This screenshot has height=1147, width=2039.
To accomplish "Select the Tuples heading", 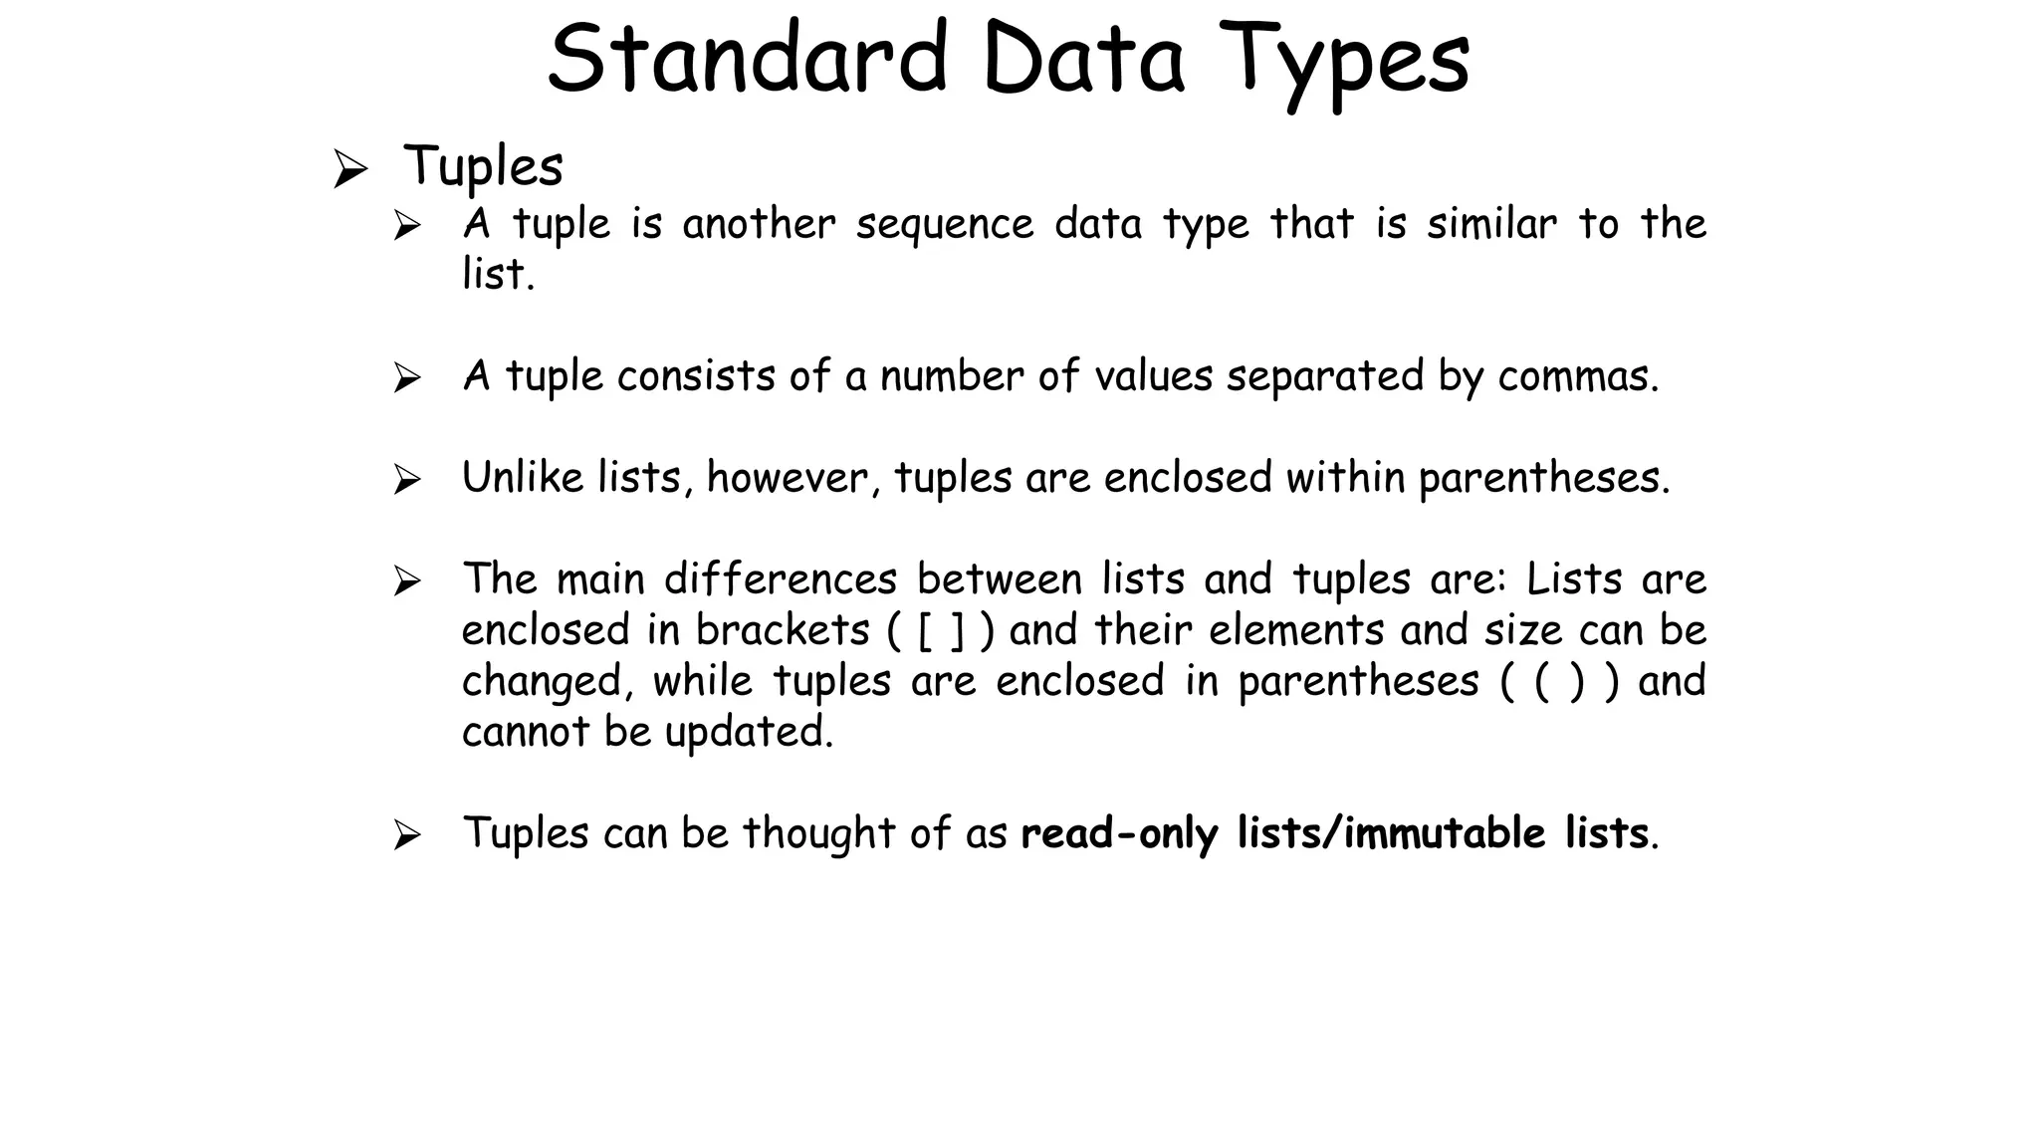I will (x=483, y=166).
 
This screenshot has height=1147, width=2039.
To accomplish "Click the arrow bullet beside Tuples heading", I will (x=349, y=168).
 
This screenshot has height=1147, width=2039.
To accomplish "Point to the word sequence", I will (x=944, y=224).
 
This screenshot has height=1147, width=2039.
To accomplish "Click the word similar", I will (x=1491, y=224).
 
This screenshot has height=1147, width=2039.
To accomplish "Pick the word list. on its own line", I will (x=498, y=275).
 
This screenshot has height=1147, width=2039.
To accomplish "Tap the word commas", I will (x=1578, y=376).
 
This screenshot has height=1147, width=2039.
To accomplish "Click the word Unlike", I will (x=523, y=478).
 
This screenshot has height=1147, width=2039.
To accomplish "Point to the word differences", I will (x=781, y=579).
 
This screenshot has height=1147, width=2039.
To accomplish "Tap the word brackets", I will (x=783, y=631).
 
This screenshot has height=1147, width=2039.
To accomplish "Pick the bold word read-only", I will (x=1119, y=833).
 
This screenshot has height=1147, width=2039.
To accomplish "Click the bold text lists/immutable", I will (x=1392, y=833).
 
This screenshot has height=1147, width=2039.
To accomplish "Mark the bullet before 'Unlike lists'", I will (x=406, y=481).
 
